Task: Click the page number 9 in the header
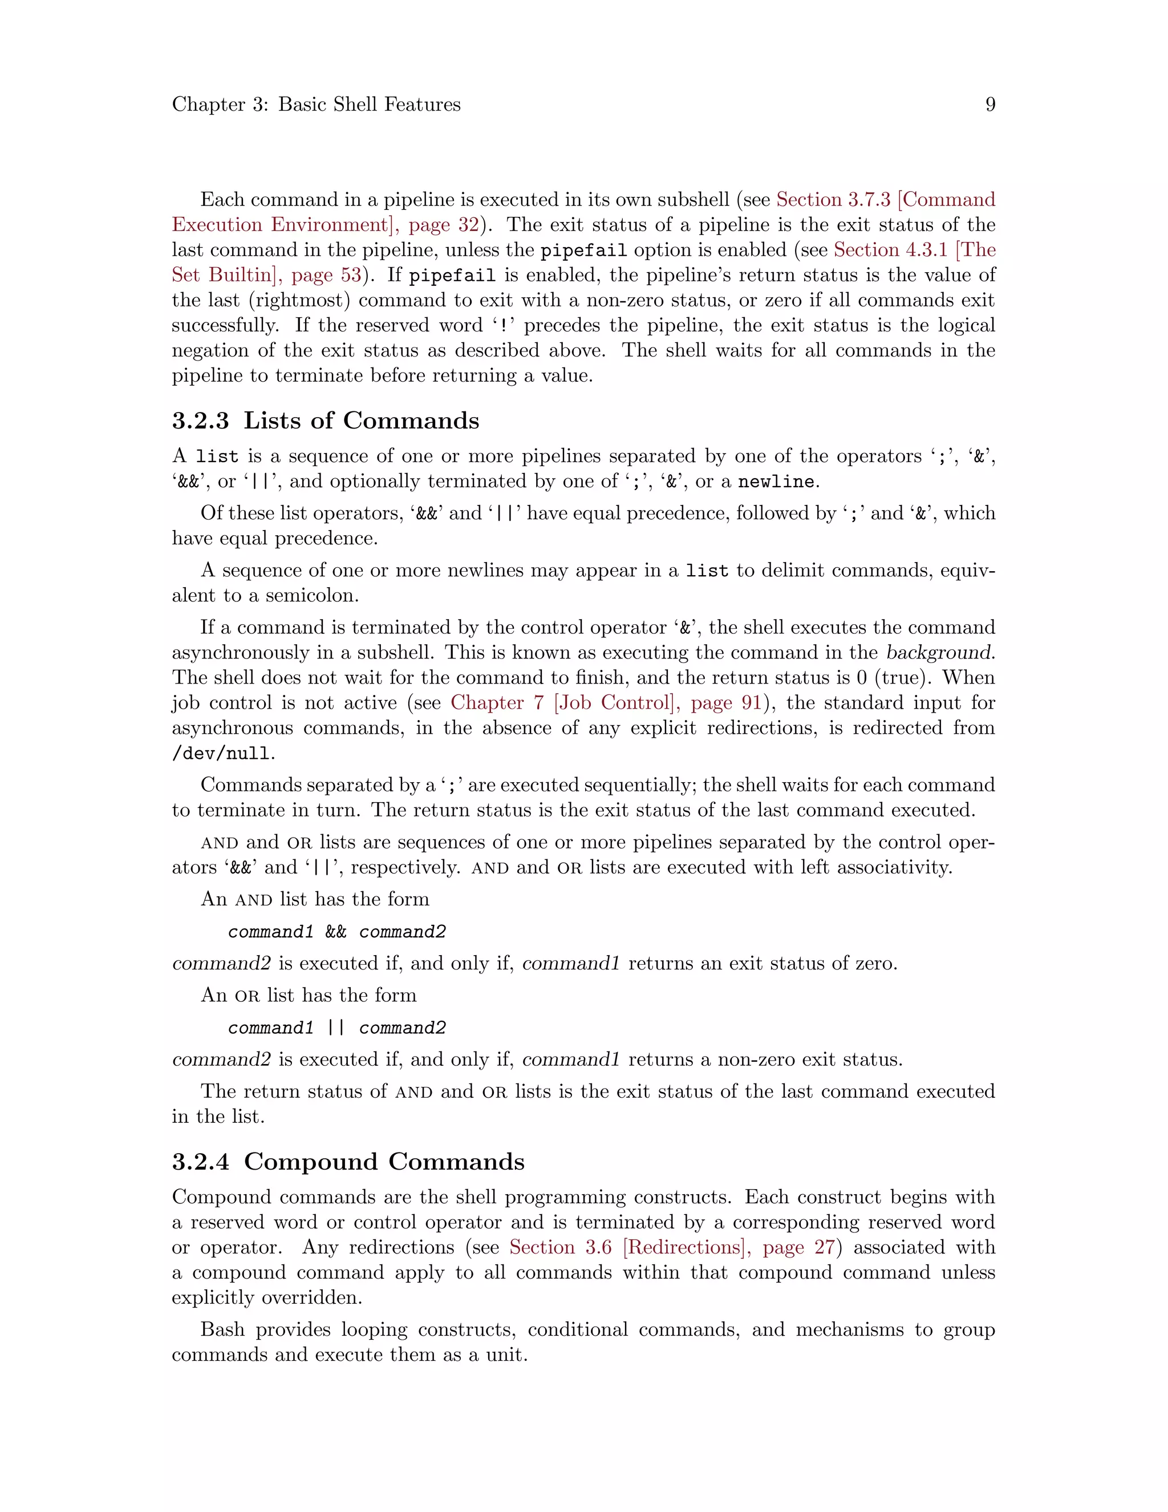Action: (x=989, y=104)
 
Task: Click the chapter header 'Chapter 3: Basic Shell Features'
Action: (x=316, y=104)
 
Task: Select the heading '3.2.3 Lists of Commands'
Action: (x=325, y=421)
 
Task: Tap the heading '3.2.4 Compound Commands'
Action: (x=348, y=1161)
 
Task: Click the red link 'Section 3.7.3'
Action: (x=833, y=199)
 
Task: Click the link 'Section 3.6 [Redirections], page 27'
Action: (x=672, y=1247)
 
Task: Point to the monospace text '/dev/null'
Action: (x=221, y=753)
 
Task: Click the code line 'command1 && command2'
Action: (x=337, y=932)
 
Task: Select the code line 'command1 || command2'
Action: (x=337, y=1028)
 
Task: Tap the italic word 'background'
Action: (x=939, y=653)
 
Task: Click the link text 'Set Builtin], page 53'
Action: (x=266, y=276)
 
